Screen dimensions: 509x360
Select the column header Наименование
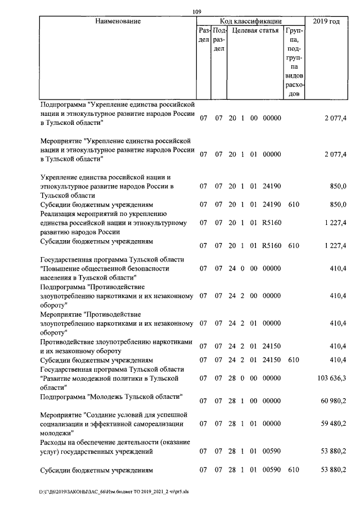pyautogui.click(x=118, y=21)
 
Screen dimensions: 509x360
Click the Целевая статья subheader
pyautogui.click(x=255, y=30)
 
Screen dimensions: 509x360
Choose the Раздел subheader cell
pyautogui.click(x=204, y=35)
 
